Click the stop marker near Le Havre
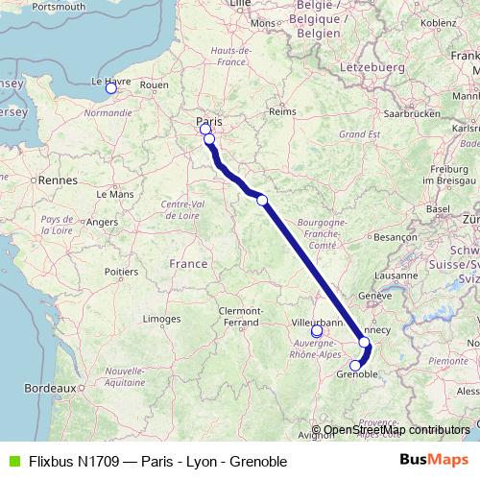110,88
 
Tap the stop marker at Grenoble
355,365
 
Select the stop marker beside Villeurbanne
317,331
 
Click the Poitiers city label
120,272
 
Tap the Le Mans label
121,193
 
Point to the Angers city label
102,222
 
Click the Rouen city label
155,85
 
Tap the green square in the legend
12,462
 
